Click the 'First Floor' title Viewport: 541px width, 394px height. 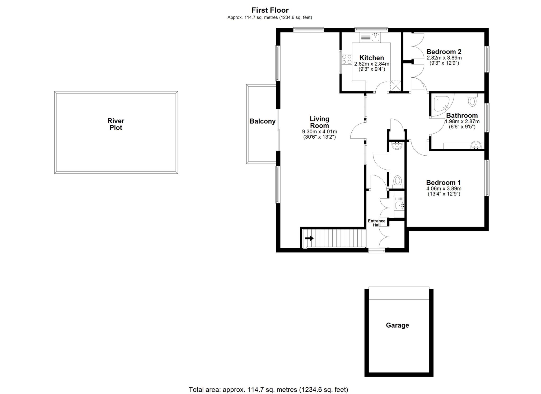(270, 10)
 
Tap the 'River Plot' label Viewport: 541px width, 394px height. (116, 124)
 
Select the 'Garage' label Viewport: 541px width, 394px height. (397, 325)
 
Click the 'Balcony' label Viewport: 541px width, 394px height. (263, 121)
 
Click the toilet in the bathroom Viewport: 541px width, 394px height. (472, 100)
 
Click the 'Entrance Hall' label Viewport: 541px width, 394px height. (377, 223)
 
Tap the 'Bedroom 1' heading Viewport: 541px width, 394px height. (443, 183)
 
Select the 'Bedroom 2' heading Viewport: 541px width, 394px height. (444, 52)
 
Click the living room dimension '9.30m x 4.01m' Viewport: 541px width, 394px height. (320, 132)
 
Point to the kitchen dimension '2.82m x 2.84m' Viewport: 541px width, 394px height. (372, 64)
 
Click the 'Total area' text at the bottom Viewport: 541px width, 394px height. (268, 390)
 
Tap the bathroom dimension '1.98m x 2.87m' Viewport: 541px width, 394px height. (462, 122)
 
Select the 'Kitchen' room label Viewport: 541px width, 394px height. (372, 58)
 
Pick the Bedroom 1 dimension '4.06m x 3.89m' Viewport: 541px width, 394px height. (444, 189)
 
